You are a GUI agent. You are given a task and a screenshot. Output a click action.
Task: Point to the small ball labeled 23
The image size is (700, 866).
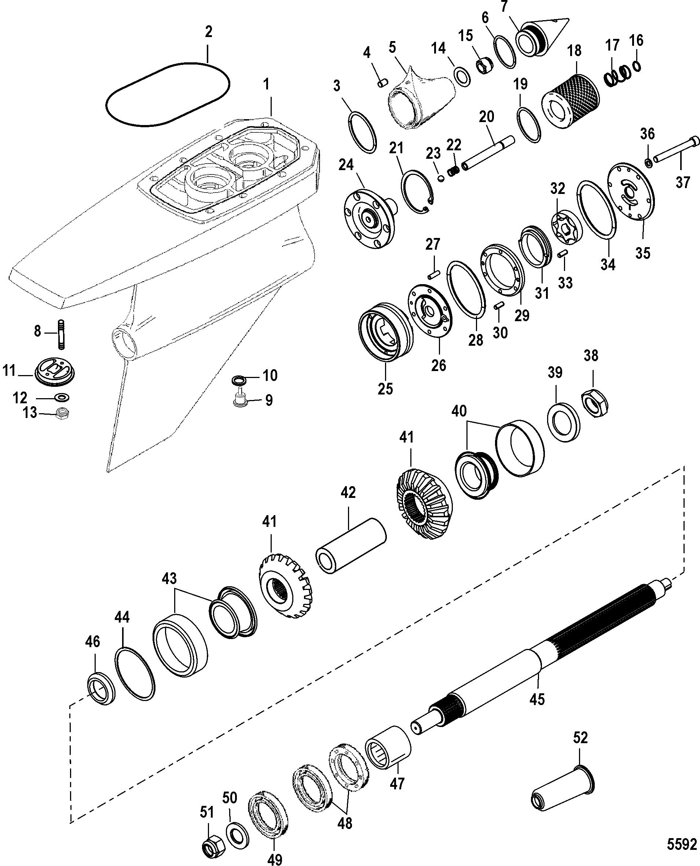click(441, 178)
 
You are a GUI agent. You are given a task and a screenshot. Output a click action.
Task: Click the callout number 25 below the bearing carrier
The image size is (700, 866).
click(385, 389)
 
